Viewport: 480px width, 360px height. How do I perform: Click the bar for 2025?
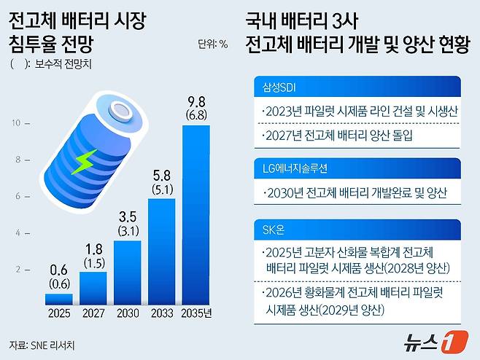pyautogui.click(x=58, y=299)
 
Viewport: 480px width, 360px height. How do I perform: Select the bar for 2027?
pyautogui.click(x=93, y=288)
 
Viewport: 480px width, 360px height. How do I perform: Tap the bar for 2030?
pyautogui.click(x=127, y=272)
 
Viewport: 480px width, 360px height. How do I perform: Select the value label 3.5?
pyautogui.click(x=127, y=216)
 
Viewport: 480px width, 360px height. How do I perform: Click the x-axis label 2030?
pyautogui.click(x=127, y=316)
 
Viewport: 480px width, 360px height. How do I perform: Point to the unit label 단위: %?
pyautogui.click(x=212, y=43)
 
